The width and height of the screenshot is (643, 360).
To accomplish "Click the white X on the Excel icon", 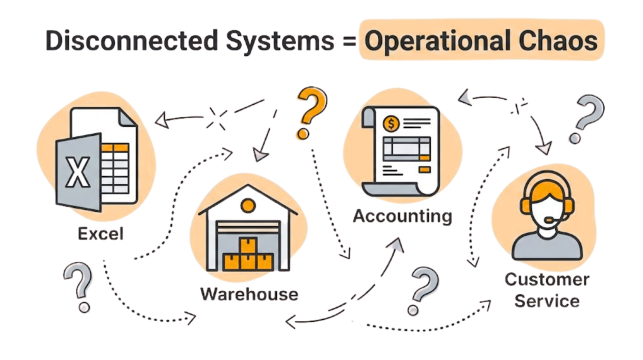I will [78, 171].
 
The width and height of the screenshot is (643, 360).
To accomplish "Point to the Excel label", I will [100, 234].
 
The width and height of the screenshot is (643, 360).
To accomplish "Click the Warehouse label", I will [249, 293].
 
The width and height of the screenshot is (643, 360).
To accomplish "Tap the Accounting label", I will [402, 216].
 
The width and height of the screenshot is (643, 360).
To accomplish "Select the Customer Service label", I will [547, 290].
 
